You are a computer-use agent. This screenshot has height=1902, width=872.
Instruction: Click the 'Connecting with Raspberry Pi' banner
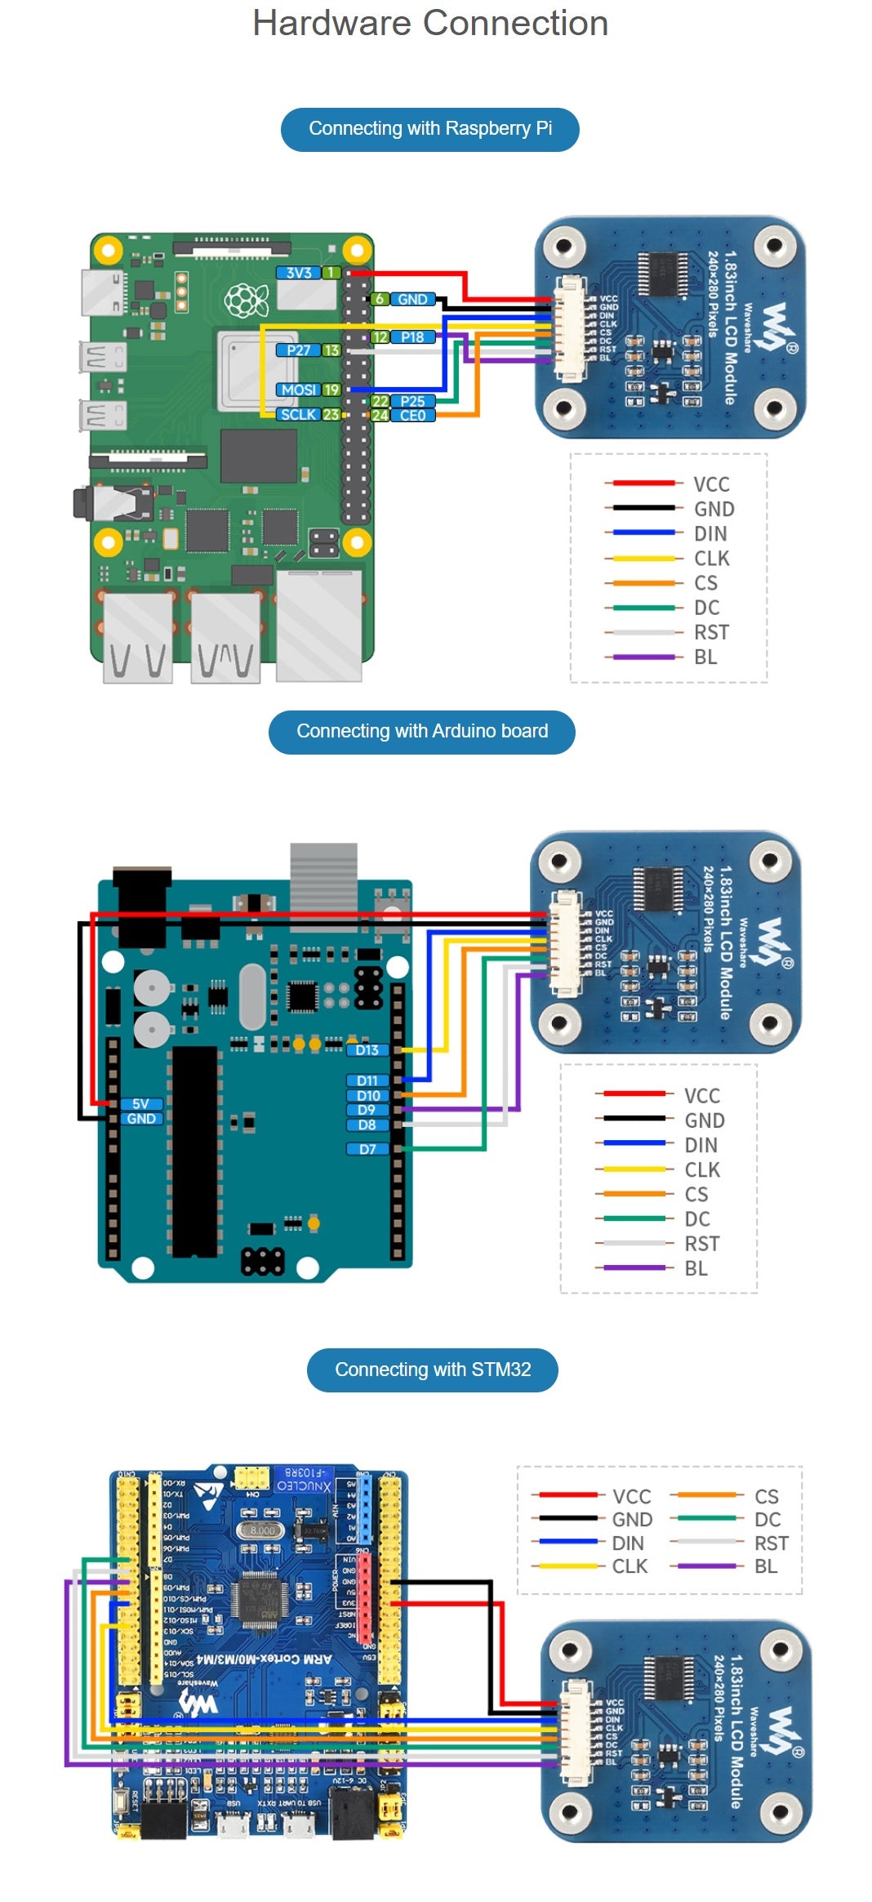point(429,129)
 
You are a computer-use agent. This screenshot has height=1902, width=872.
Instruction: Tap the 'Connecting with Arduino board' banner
point(421,732)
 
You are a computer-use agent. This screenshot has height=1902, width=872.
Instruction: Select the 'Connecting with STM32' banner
point(432,1370)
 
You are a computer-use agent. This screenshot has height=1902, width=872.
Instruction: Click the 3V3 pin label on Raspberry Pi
point(299,273)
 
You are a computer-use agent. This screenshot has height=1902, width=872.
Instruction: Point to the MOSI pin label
point(298,390)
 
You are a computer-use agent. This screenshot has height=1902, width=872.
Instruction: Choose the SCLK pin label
point(298,415)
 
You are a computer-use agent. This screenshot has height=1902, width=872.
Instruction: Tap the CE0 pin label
point(412,416)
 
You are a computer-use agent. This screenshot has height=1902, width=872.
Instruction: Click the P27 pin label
point(298,350)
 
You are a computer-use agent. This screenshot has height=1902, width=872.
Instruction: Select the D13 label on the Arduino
point(367,1050)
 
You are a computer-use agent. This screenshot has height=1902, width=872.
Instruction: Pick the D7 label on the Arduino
point(367,1149)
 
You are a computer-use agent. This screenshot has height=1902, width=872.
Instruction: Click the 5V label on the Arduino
point(140,1104)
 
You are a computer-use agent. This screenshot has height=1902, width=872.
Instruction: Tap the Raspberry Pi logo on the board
point(247,301)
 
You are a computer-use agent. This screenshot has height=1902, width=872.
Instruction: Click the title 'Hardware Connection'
point(430,24)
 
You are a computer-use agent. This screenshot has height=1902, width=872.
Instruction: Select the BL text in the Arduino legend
point(696,1268)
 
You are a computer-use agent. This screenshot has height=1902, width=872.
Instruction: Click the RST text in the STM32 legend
point(771,1543)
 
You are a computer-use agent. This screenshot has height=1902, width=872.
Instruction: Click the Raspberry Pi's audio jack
point(98,503)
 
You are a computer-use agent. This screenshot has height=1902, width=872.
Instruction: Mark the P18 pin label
point(412,337)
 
